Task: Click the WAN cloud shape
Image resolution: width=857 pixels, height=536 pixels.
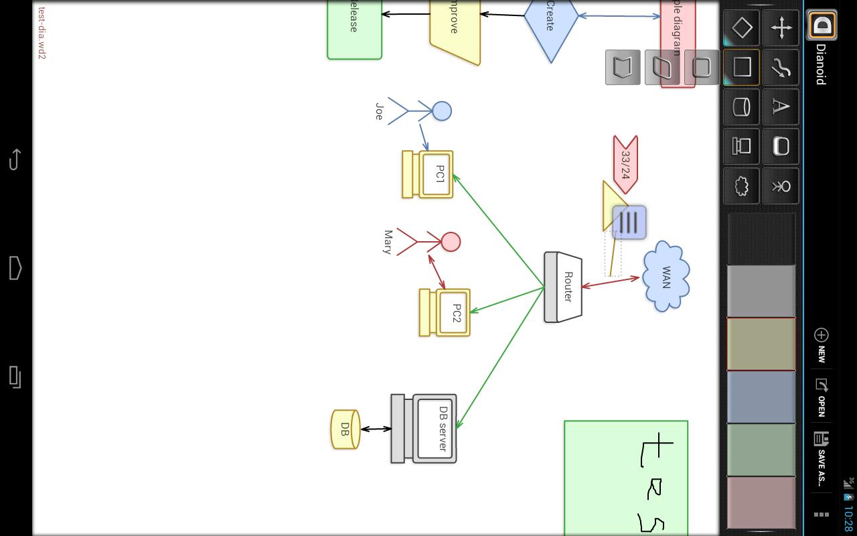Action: point(666,276)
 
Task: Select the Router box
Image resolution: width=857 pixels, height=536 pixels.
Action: point(563,287)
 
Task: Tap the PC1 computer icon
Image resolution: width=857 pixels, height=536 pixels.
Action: point(428,174)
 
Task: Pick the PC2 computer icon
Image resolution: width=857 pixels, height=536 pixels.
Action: point(445,312)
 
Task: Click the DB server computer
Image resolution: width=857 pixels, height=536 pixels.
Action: point(424,429)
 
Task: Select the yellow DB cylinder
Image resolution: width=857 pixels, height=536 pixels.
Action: point(345,429)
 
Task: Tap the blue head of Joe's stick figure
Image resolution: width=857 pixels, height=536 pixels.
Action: point(442,111)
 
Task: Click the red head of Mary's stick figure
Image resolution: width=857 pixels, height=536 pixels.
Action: point(451,242)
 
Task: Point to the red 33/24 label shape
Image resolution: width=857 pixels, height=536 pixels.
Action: point(625,165)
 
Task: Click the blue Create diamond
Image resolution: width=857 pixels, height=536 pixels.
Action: point(550,20)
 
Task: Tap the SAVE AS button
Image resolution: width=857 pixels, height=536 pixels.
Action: point(822,458)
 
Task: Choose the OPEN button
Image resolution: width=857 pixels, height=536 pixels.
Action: point(822,397)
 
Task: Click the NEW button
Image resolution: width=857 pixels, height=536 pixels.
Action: point(822,344)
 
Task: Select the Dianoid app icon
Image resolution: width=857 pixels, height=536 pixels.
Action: point(822,26)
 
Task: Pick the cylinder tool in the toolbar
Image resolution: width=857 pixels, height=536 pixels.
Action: point(741,107)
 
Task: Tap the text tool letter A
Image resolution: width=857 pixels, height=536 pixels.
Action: point(781,107)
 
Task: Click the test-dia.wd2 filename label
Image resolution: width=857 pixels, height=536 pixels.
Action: point(42,33)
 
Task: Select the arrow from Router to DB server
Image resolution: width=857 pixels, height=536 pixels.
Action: point(500,358)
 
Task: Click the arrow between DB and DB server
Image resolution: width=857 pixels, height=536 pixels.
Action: point(376,429)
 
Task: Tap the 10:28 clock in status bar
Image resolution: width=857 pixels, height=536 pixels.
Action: point(848,519)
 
